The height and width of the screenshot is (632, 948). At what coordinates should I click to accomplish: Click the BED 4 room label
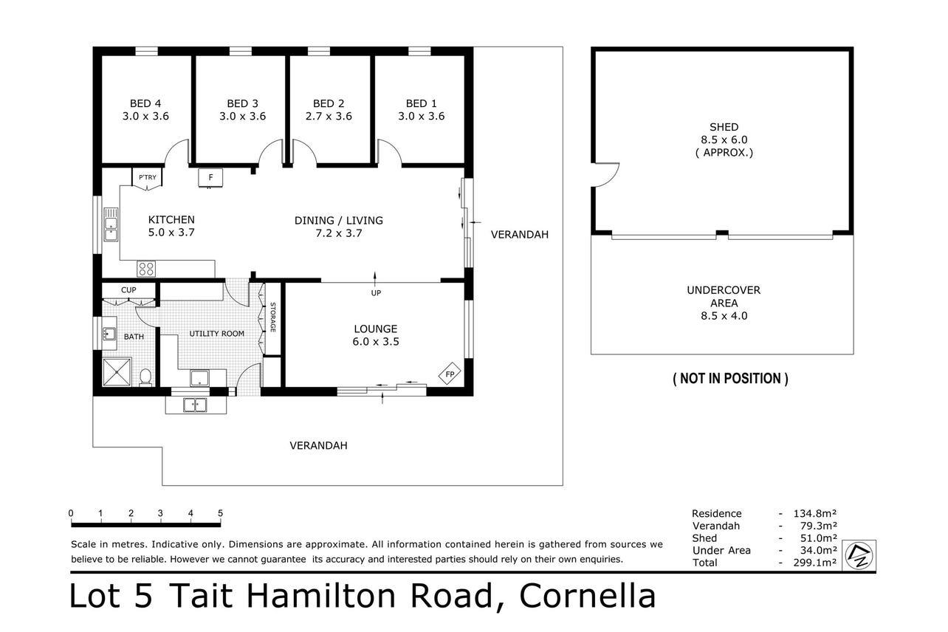pyautogui.click(x=145, y=103)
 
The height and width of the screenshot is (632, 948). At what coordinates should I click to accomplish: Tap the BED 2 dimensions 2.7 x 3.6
pyautogui.click(x=329, y=116)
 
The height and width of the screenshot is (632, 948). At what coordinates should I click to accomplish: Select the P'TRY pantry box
pyautogui.click(x=147, y=177)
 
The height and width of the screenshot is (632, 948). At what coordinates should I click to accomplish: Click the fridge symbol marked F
pyautogui.click(x=210, y=178)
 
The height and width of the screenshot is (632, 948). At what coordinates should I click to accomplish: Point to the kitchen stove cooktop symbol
pyautogui.click(x=146, y=269)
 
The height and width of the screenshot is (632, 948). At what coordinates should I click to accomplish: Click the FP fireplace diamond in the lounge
pyautogui.click(x=450, y=374)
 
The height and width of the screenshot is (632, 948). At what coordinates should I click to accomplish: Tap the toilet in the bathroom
pyautogui.click(x=145, y=377)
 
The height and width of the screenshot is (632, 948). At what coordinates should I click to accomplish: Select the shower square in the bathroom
pyautogui.click(x=117, y=373)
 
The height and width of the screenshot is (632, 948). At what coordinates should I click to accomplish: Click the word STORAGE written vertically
pyautogui.click(x=272, y=317)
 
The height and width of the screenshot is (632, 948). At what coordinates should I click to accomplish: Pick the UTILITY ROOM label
pyautogui.click(x=216, y=334)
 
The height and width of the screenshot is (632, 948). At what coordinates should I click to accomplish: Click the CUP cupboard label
pyautogui.click(x=128, y=290)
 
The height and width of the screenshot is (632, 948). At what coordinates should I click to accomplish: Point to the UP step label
pyautogui.click(x=376, y=293)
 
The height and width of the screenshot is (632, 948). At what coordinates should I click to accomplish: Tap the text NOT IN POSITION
pyautogui.click(x=730, y=379)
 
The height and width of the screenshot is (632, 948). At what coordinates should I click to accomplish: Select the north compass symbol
pyautogui.click(x=859, y=556)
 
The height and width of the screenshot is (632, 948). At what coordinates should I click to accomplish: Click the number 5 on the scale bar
pyautogui.click(x=220, y=513)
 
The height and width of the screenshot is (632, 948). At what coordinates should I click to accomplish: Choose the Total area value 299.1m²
pyautogui.click(x=814, y=563)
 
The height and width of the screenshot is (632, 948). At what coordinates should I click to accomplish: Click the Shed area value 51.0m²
pyautogui.click(x=818, y=538)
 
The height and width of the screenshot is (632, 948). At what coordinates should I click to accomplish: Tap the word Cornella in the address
pyautogui.click(x=588, y=596)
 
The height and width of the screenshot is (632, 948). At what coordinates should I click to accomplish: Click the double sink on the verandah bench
pyautogui.click(x=195, y=405)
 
